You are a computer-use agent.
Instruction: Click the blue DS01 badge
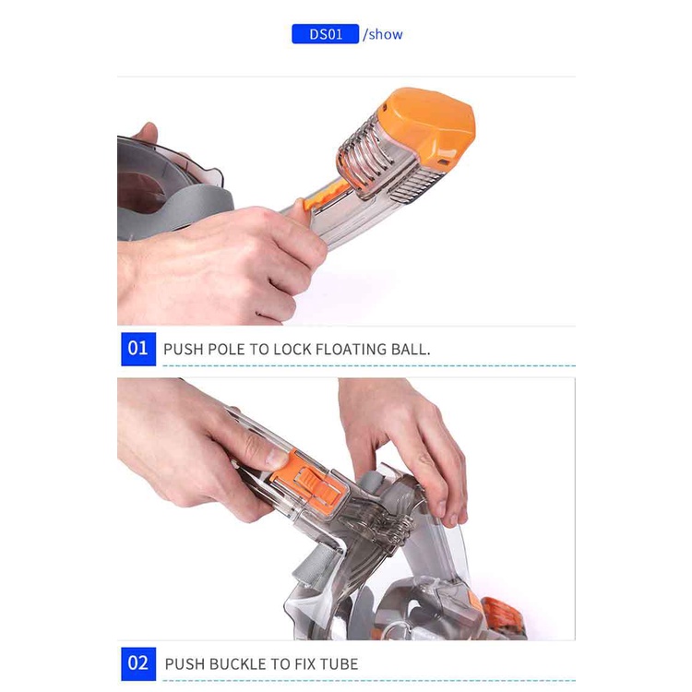click(x=326, y=34)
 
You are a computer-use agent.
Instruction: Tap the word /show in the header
click(x=383, y=34)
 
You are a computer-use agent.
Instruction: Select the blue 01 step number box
click(x=138, y=349)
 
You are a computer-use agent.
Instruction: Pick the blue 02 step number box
click(x=138, y=663)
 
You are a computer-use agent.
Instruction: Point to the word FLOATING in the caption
click(x=351, y=350)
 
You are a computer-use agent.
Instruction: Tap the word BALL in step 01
click(x=411, y=350)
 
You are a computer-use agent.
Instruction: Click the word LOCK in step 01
click(x=292, y=350)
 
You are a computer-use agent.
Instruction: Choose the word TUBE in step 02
click(x=339, y=664)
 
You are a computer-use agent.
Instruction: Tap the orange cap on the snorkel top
click(x=427, y=125)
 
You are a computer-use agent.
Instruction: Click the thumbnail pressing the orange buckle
click(x=275, y=458)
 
